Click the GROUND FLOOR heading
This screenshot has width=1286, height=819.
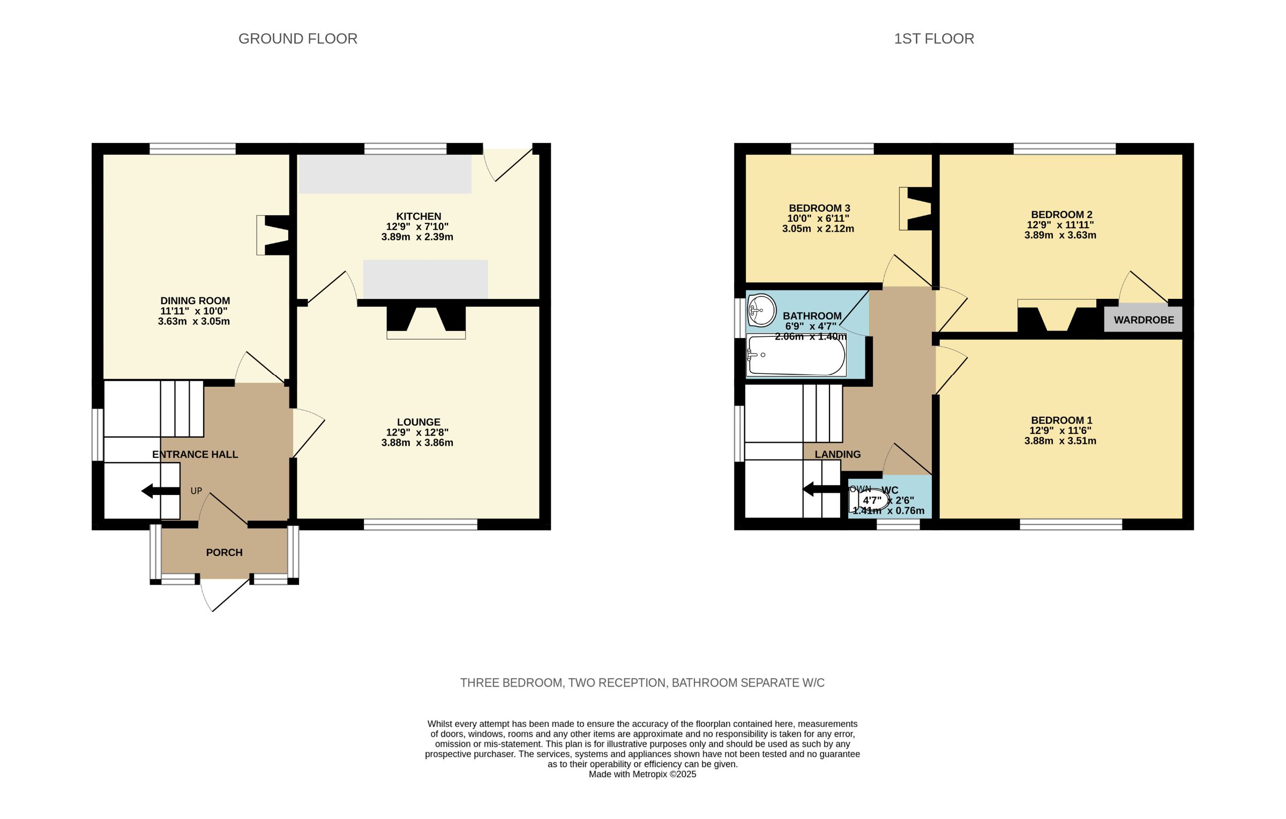pyautogui.click(x=297, y=39)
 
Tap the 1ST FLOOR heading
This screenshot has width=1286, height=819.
pyautogui.click(x=933, y=39)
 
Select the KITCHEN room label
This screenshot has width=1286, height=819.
pyautogui.click(x=418, y=216)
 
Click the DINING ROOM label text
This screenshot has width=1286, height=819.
pyautogui.click(x=195, y=300)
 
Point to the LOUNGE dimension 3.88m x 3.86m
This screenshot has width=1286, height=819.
pyautogui.click(x=417, y=442)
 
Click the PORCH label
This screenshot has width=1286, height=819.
pyautogui.click(x=224, y=552)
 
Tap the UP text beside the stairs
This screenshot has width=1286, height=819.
pyautogui.click(x=196, y=491)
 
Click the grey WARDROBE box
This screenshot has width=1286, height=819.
pyautogui.click(x=1143, y=320)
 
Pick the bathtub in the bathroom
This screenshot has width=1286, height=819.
pyautogui.click(x=796, y=356)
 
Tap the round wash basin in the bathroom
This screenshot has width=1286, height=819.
pyautogui.click(x=761, y=310)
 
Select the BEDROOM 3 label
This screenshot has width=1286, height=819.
pyautogui.click(x=819, y=208)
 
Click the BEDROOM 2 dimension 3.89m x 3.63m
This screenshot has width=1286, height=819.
pyautogui.click(x=1059, y=235)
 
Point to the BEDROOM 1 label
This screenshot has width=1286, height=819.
pyautogui.click(x=1061, y=420)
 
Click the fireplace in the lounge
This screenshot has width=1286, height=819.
pyautogui.click(x=426, y=322)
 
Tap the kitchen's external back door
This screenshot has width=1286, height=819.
pyautogui.click(x=509, y=163)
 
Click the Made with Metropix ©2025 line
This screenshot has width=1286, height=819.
pyautogui.click(x=642, y=774)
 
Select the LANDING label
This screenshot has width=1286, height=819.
pyautogui.click(x=837, y=454)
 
